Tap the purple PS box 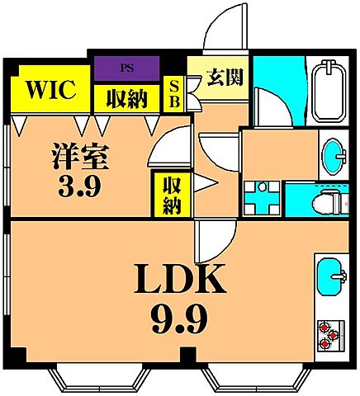[127, 68]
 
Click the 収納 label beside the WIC [126, 98]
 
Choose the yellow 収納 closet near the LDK [171, 194]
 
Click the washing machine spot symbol [262, 197]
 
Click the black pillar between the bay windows [191, 356]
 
